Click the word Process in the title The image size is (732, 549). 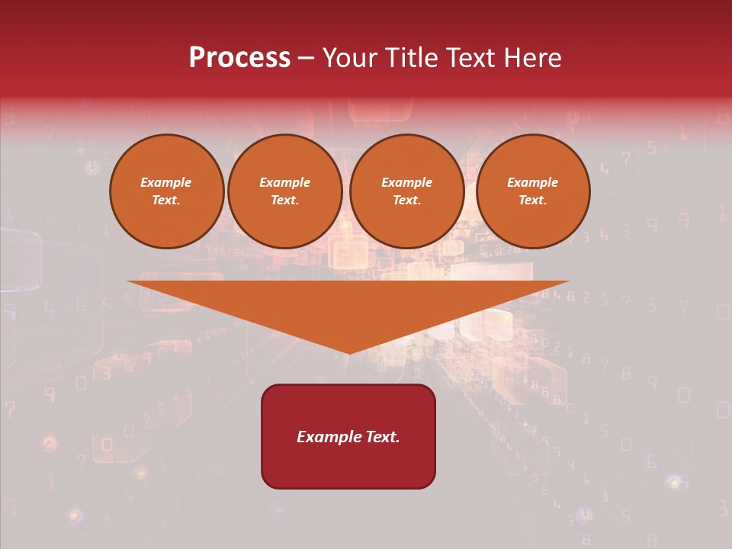click(239, 58)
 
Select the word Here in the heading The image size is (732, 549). click(532, 58)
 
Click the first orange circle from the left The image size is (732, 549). click(166, 191)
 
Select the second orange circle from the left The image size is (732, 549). click(285, 191)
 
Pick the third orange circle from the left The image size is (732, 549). click(406, 191)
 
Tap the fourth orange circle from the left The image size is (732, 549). click(533, 191)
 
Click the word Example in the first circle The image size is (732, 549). click(166, 182)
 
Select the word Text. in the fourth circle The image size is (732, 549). click(533, 200)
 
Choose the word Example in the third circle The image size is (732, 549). click(406, 182)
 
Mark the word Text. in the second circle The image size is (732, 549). click(285, 200)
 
